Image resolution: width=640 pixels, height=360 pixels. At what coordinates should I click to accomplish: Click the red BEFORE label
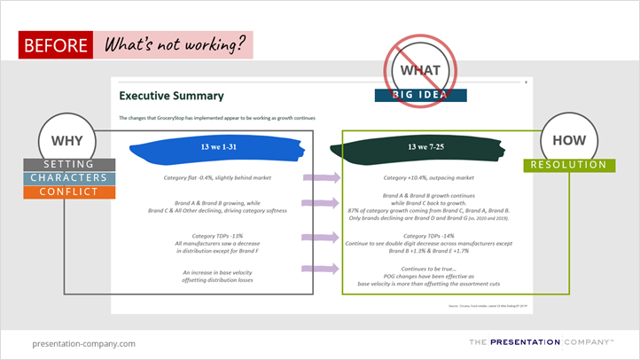(56, 44)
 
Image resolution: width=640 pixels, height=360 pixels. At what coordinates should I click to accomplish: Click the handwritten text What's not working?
(173, 44)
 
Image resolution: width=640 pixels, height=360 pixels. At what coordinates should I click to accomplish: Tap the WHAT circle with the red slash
(421, 70)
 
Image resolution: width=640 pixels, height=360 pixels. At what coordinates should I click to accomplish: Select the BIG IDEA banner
(421, 95)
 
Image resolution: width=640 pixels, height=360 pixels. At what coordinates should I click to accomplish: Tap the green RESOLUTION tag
(569, 165)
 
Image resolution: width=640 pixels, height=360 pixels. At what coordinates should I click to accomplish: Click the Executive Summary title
(171, 95)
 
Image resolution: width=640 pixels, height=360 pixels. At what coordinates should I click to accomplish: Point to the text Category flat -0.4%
(210, 178)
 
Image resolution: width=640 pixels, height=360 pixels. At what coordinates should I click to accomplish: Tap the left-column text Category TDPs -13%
(210, 236)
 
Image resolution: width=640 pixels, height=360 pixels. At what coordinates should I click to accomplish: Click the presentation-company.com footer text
(83, 343)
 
